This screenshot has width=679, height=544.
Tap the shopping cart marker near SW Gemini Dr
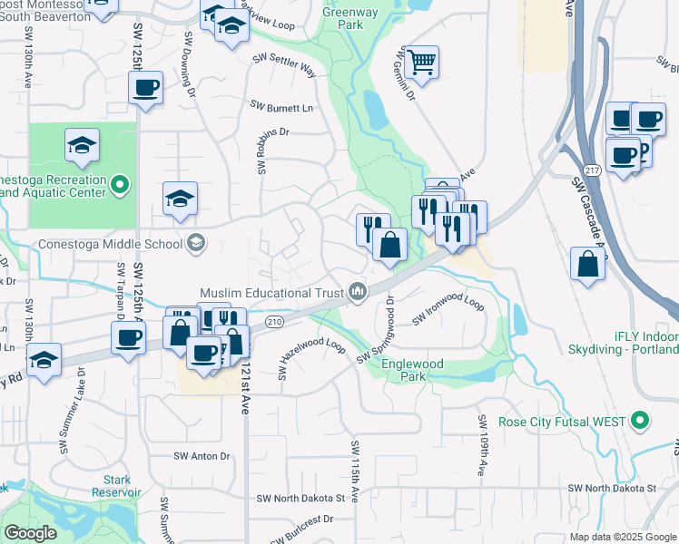[x=422, y=63]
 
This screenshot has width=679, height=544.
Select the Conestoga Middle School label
[x=110, y=243]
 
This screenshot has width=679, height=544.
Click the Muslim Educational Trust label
[x=271, y=293]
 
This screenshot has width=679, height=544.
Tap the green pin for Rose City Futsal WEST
[x=641, y=422]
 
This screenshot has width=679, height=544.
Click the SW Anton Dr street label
[x=202, y=456]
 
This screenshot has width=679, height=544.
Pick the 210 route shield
[x=275, y=322]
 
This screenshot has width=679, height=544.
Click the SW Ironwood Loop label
[x=448, y=308]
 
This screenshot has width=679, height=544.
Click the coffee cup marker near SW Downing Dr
[x=145, y=89]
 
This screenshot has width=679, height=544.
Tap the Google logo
[x=30, y=533]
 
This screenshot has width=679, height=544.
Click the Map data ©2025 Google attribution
[x=623, y=537]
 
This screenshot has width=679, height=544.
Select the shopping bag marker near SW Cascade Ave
[x=588, y=264]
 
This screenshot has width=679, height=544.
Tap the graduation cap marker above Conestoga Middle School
[x=180, y=199]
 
